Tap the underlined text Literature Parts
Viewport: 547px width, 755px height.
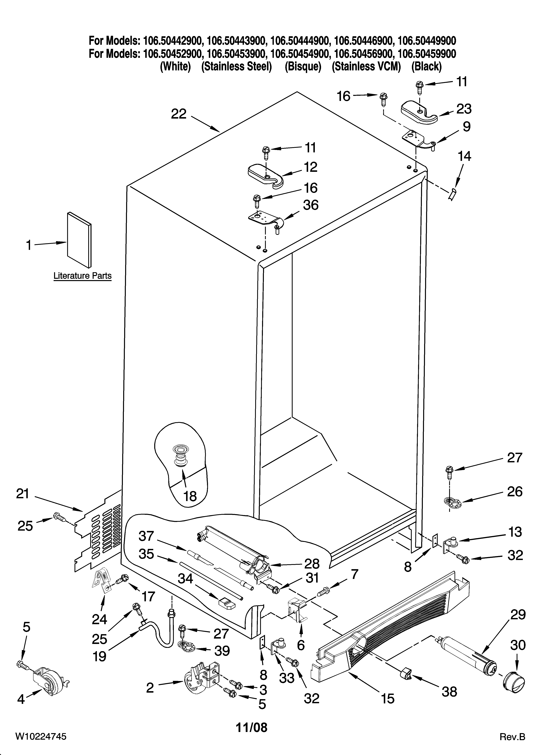click(82, 276)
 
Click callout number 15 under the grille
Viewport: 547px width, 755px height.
click(388, 698)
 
